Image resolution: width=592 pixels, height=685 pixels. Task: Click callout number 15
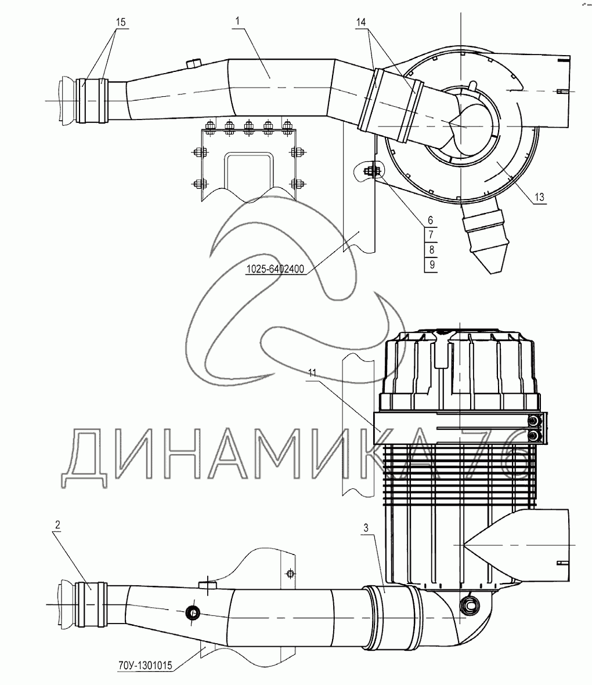[x=120, y=21]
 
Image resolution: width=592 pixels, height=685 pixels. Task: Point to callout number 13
[x=539, y=197]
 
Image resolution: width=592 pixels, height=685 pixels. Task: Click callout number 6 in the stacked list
[x=430, y=220]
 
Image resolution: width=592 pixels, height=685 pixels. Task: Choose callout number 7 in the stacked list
[x=430, y=235]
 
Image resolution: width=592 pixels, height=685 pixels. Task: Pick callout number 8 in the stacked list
[x=430, y=250]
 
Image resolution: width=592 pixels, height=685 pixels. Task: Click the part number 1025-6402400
[x=276, y=269]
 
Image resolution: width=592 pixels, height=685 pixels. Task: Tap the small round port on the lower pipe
[x=192, y=612]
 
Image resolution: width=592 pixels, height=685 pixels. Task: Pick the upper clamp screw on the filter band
[x=533, y=420]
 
